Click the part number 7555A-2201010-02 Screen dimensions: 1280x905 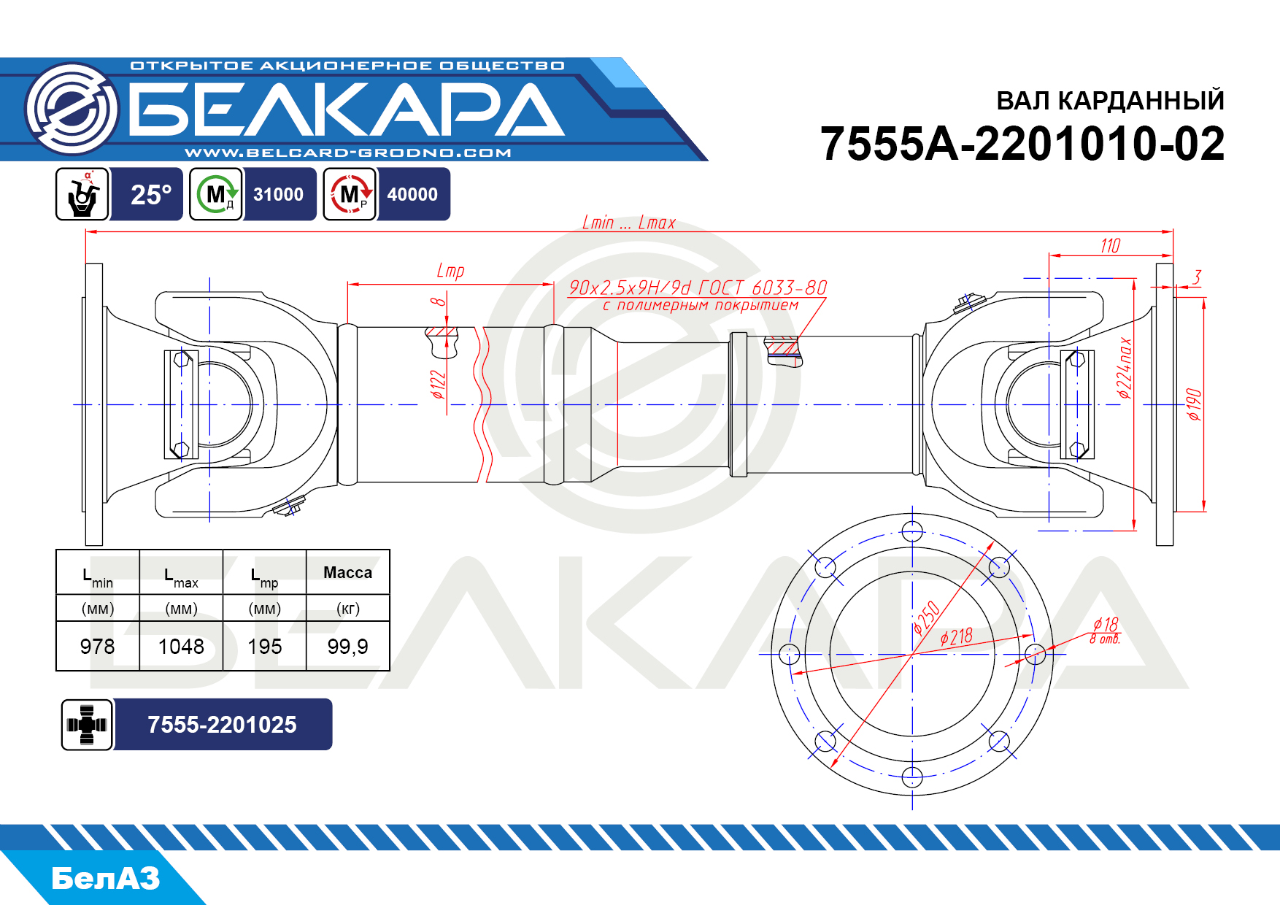[x=1022, y=143]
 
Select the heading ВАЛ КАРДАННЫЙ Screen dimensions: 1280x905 [x=1110, y=101]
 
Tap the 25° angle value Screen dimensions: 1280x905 [x=151, y=195]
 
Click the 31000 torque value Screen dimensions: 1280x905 [x=278, y=195]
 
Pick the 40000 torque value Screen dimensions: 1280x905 [x=412, y=195]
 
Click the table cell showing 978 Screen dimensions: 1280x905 [x=98, y=647]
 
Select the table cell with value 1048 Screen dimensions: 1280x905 [x=181, y=647]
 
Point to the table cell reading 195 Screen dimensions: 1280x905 [x=264, y=647]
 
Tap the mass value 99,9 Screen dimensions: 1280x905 [x=348, y=647]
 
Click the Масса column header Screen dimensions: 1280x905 [x=348, y=573]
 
